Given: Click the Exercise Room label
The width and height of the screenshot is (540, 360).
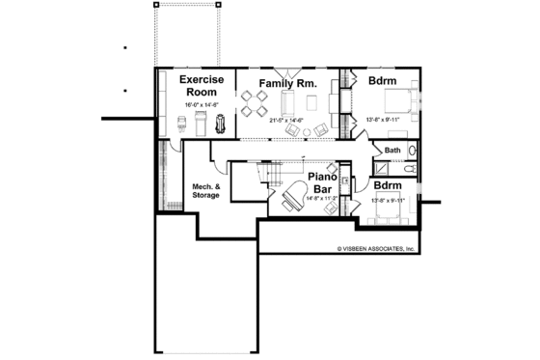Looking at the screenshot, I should tap(202, 86).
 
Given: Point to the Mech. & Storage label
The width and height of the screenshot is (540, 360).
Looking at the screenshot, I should tap(205, 190).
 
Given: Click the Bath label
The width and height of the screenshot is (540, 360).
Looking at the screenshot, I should tap(392, 151).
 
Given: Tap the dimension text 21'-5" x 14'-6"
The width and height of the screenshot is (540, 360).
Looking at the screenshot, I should tap(286, 120).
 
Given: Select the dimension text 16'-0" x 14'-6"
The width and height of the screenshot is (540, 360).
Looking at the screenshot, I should tap(202, 104).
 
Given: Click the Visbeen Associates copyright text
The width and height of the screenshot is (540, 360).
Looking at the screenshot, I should tap(375, 248).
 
